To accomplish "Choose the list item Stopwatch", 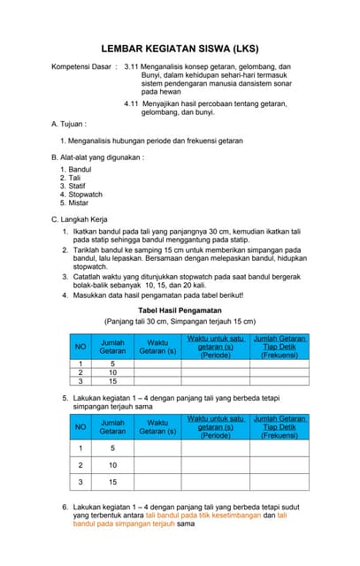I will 85,195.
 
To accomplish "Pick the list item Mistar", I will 79,203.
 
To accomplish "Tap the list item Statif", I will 79,186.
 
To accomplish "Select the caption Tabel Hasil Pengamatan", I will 180,311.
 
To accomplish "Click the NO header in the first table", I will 80,347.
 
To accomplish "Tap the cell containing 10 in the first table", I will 112,372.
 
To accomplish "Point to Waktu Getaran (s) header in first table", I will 157,347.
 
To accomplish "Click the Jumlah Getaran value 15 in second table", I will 112,483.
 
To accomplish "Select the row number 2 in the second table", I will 80,464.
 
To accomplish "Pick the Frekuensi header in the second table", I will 279,435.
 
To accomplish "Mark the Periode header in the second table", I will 216,435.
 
